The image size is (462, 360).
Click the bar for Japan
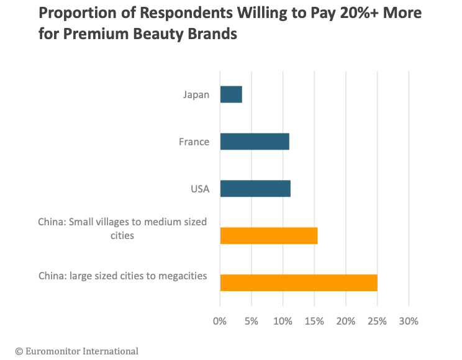(x=231, y=95)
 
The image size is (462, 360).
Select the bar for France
(x=255, y=142)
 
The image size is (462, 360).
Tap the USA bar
(x=255, y=189)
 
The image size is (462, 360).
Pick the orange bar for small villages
(x=269, y=236)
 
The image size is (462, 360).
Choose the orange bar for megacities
(x=299, y=282)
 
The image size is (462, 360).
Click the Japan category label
(x=196, y=95)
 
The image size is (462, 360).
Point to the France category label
(x=194, y=142)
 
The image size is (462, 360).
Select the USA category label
(x=199, y=189)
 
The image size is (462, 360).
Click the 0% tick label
(x=220, y=322)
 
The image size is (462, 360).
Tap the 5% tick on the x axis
(x=251, y=322)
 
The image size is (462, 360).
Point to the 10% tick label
(x=283, y=322)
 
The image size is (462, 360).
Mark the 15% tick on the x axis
(x=314, y=322)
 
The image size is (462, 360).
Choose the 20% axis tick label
(x=346, y=322)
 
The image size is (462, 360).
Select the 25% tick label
(x=377, y=322)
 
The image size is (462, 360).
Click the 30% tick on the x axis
(x=409, y=322)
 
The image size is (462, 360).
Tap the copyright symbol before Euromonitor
(x=19, y=351)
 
